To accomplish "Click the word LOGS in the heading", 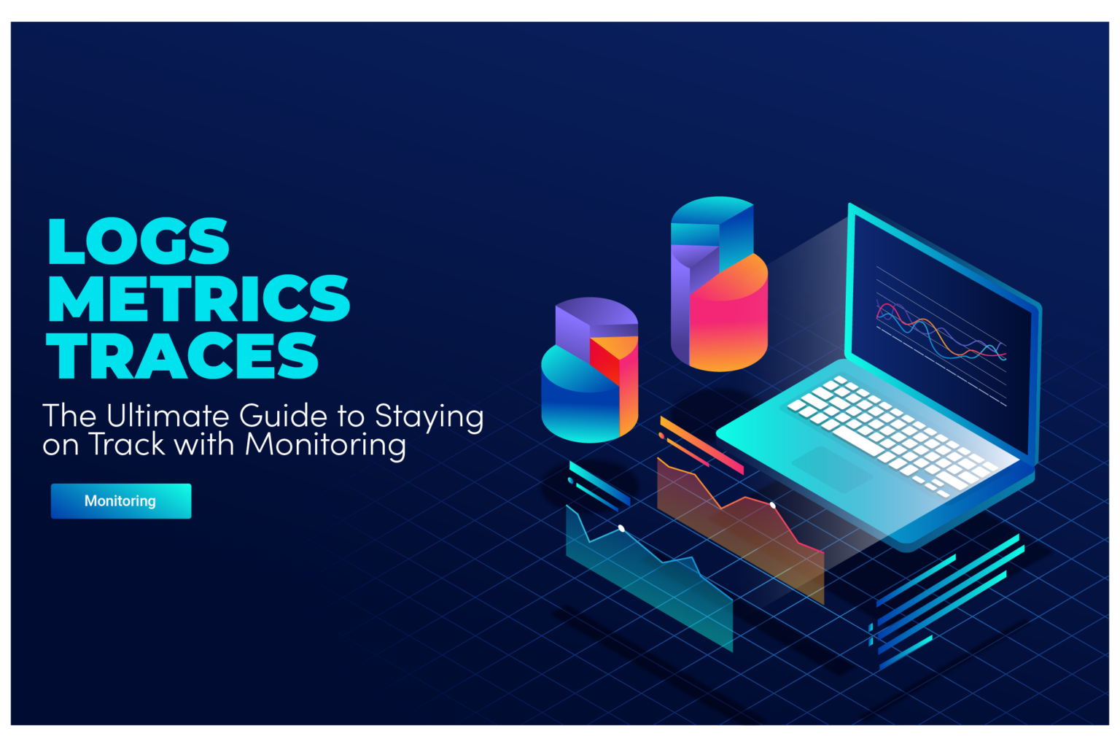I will pyautogui.click(x=139, y=241).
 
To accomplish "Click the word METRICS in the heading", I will pyautogui.click(x=198, y=298).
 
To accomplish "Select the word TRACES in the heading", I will pyautogui.click(x=182, y=355).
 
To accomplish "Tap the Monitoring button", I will pyautogui.click(x=121, y=501).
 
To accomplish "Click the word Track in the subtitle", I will pyautogui.click(x=128, y=444).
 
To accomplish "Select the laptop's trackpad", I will pyautogui.click(x=831, y=467).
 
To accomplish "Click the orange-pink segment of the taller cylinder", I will pyautogui.click(x=729, y=314).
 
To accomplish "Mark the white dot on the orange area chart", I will pyautogui.click(x=773, y=505).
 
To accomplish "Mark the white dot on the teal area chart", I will pyautogui.click(x=621, y=528).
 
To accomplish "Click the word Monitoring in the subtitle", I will pyautogui.click(x=325, y=444).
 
